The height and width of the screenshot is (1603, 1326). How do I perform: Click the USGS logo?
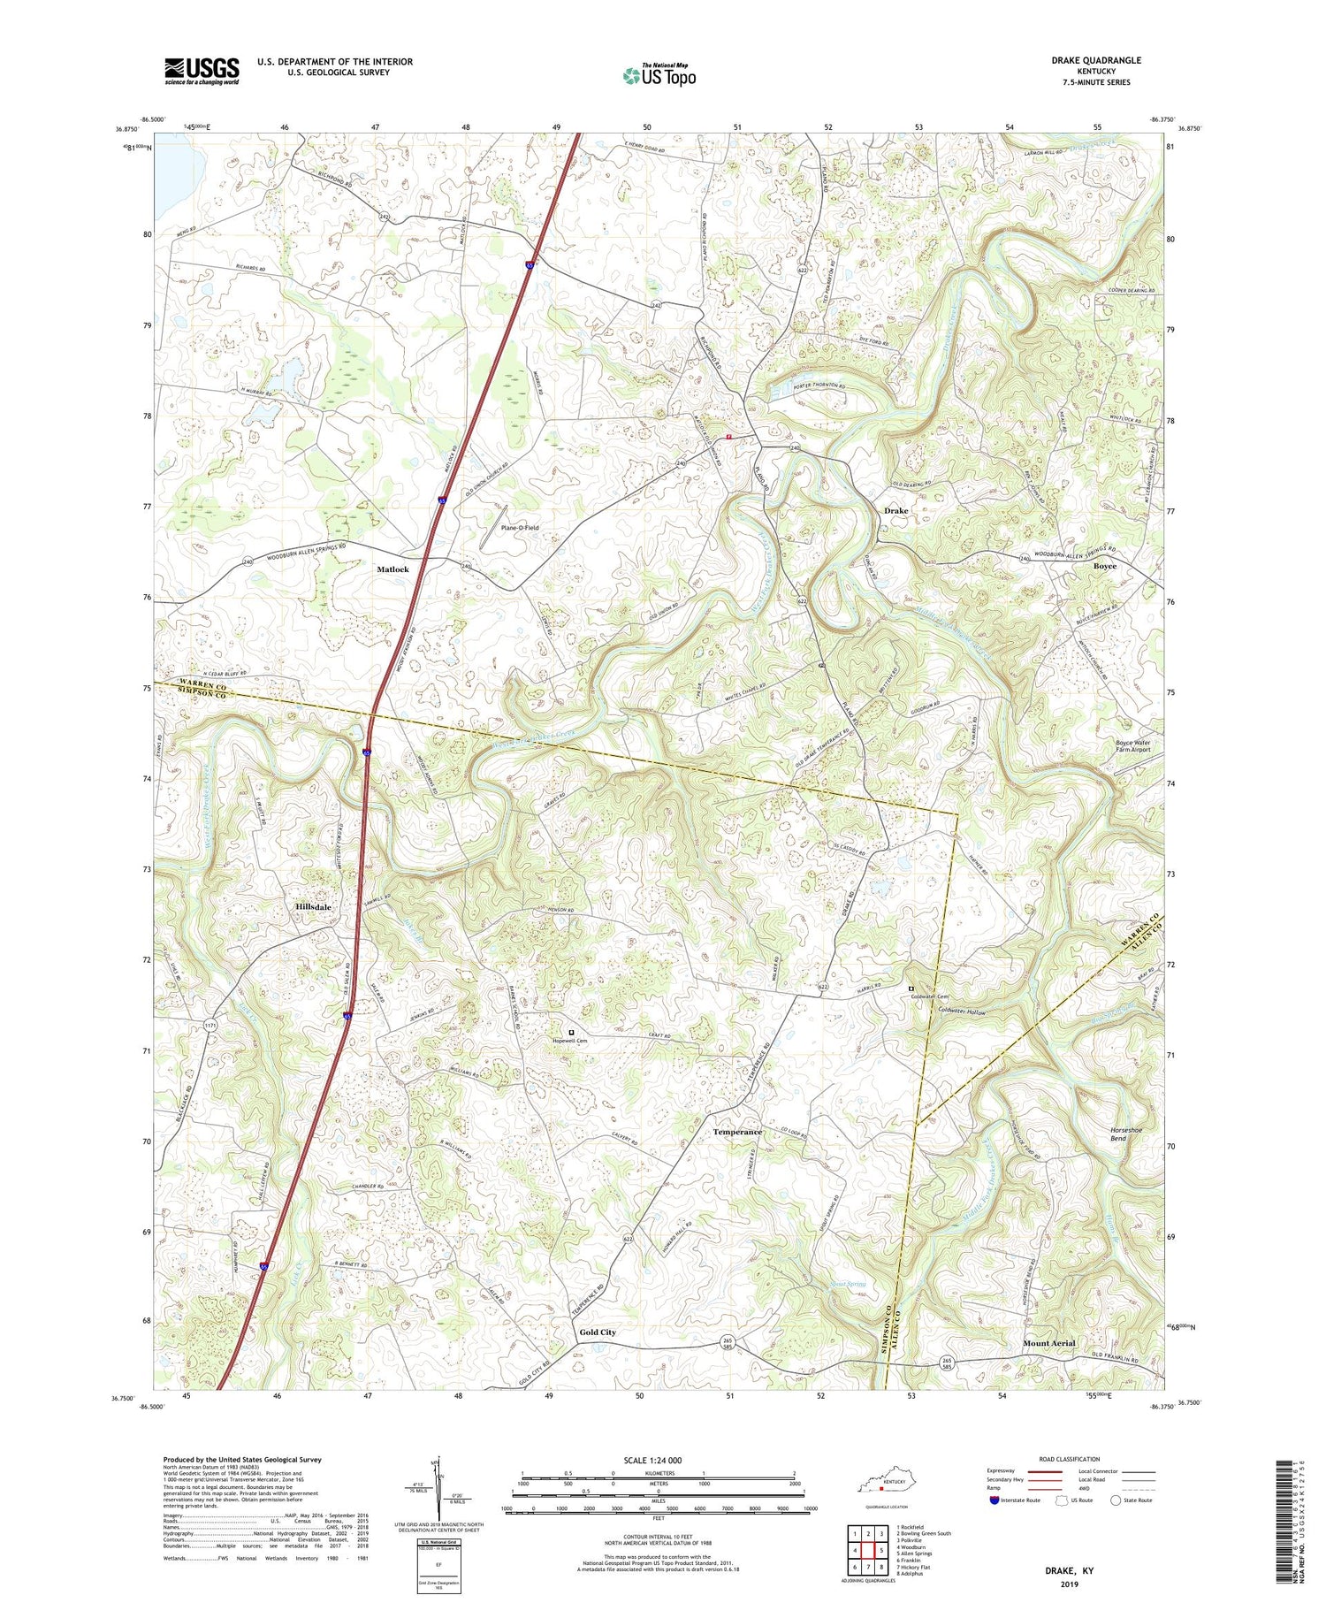(x=202, y=71)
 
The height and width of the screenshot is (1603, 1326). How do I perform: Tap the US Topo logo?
(x=658, y=75)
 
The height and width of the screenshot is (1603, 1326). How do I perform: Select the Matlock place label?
(x=392, y=569)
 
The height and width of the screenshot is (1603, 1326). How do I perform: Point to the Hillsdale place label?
(x=313, y=907)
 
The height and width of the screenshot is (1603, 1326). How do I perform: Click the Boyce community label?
(x=1104, y=566)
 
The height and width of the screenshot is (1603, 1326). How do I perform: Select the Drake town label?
(x=895, y=511)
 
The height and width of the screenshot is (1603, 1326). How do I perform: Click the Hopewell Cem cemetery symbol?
(x=571, y=1032)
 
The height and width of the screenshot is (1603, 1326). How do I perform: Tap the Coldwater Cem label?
(x=929, y=997)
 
